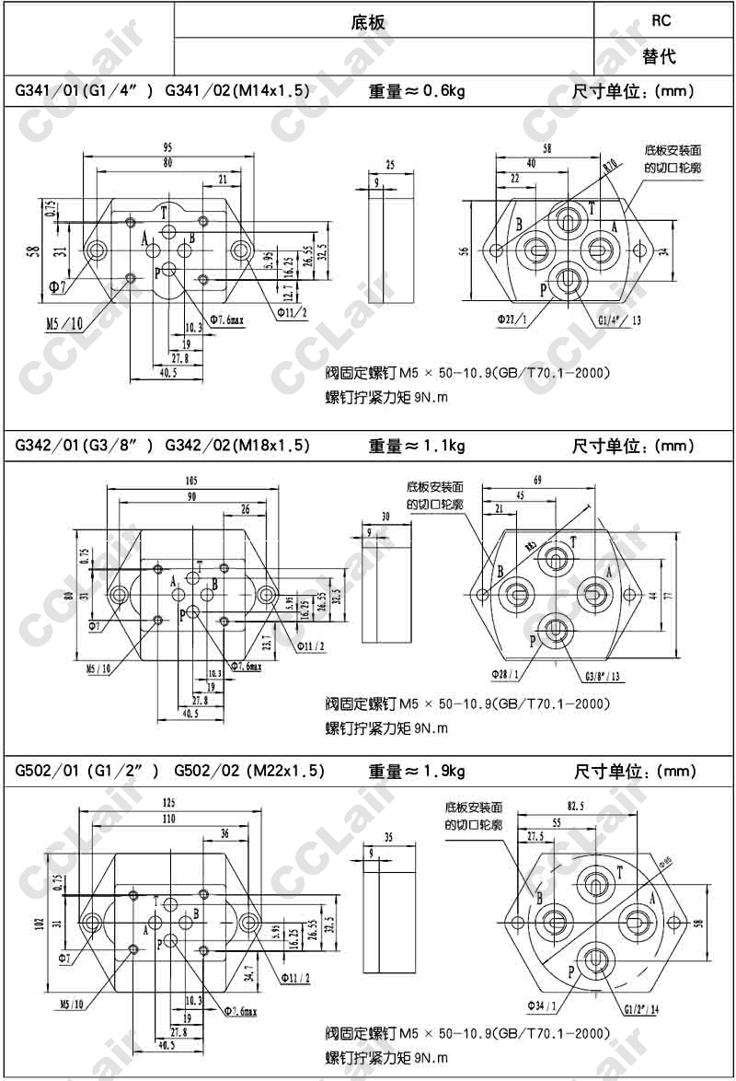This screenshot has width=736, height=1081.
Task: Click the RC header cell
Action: [x=661, y=20]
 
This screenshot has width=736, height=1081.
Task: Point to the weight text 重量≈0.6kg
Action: [x=417, y=91]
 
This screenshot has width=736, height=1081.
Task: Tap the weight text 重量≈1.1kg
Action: [x=417, y=446]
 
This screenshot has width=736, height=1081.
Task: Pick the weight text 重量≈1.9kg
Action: [x=417, y=771]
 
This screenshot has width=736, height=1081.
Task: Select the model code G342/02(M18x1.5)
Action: [x=236, y=446]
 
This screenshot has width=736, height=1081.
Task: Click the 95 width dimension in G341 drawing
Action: [x=168, y=147]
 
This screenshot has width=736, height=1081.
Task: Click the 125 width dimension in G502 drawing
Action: [x=168, y=803]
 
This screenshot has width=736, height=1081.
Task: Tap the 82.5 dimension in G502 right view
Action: [x=575, y=807]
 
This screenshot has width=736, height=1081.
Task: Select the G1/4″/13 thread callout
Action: [x=618, y=320]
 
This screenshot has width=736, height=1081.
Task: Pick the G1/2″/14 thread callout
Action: [x=639, y=1009]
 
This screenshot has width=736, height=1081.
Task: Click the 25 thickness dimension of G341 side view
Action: [x=389, y=165]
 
